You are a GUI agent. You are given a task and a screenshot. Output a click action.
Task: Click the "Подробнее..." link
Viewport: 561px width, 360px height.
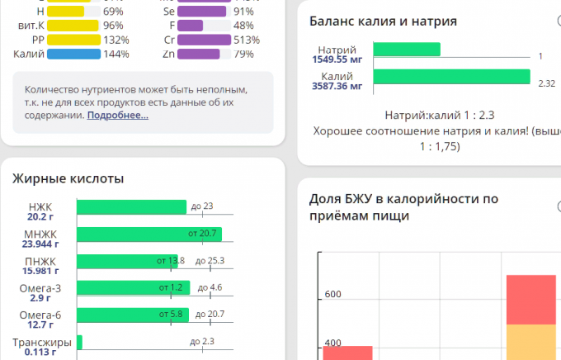pos(117,116)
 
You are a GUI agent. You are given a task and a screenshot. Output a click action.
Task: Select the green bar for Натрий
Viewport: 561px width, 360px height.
pos(406,50)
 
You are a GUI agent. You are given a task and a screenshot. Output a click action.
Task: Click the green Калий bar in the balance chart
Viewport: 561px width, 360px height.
pos(451,77)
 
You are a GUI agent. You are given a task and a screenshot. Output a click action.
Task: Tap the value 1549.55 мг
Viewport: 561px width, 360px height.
pos(337,60)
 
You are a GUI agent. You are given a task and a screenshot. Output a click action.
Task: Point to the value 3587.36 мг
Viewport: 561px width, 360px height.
pos(337,87)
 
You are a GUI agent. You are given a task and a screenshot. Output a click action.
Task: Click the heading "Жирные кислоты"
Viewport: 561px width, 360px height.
pos(68,178)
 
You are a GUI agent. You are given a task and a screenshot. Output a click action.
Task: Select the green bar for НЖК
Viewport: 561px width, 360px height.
pos(132,206)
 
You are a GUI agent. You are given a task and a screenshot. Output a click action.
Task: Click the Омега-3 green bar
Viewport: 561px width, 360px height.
pos(133,287)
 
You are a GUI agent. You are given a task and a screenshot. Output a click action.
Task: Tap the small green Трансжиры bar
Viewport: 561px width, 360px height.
pos(79,341)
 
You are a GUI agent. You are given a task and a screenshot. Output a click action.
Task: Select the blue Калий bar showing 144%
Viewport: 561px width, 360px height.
pos(73,54)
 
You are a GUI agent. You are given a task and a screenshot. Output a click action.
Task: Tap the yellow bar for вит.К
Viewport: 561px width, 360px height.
pos(73,26)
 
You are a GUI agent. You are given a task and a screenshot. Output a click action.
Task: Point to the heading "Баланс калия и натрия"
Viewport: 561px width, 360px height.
pos(383,21)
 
